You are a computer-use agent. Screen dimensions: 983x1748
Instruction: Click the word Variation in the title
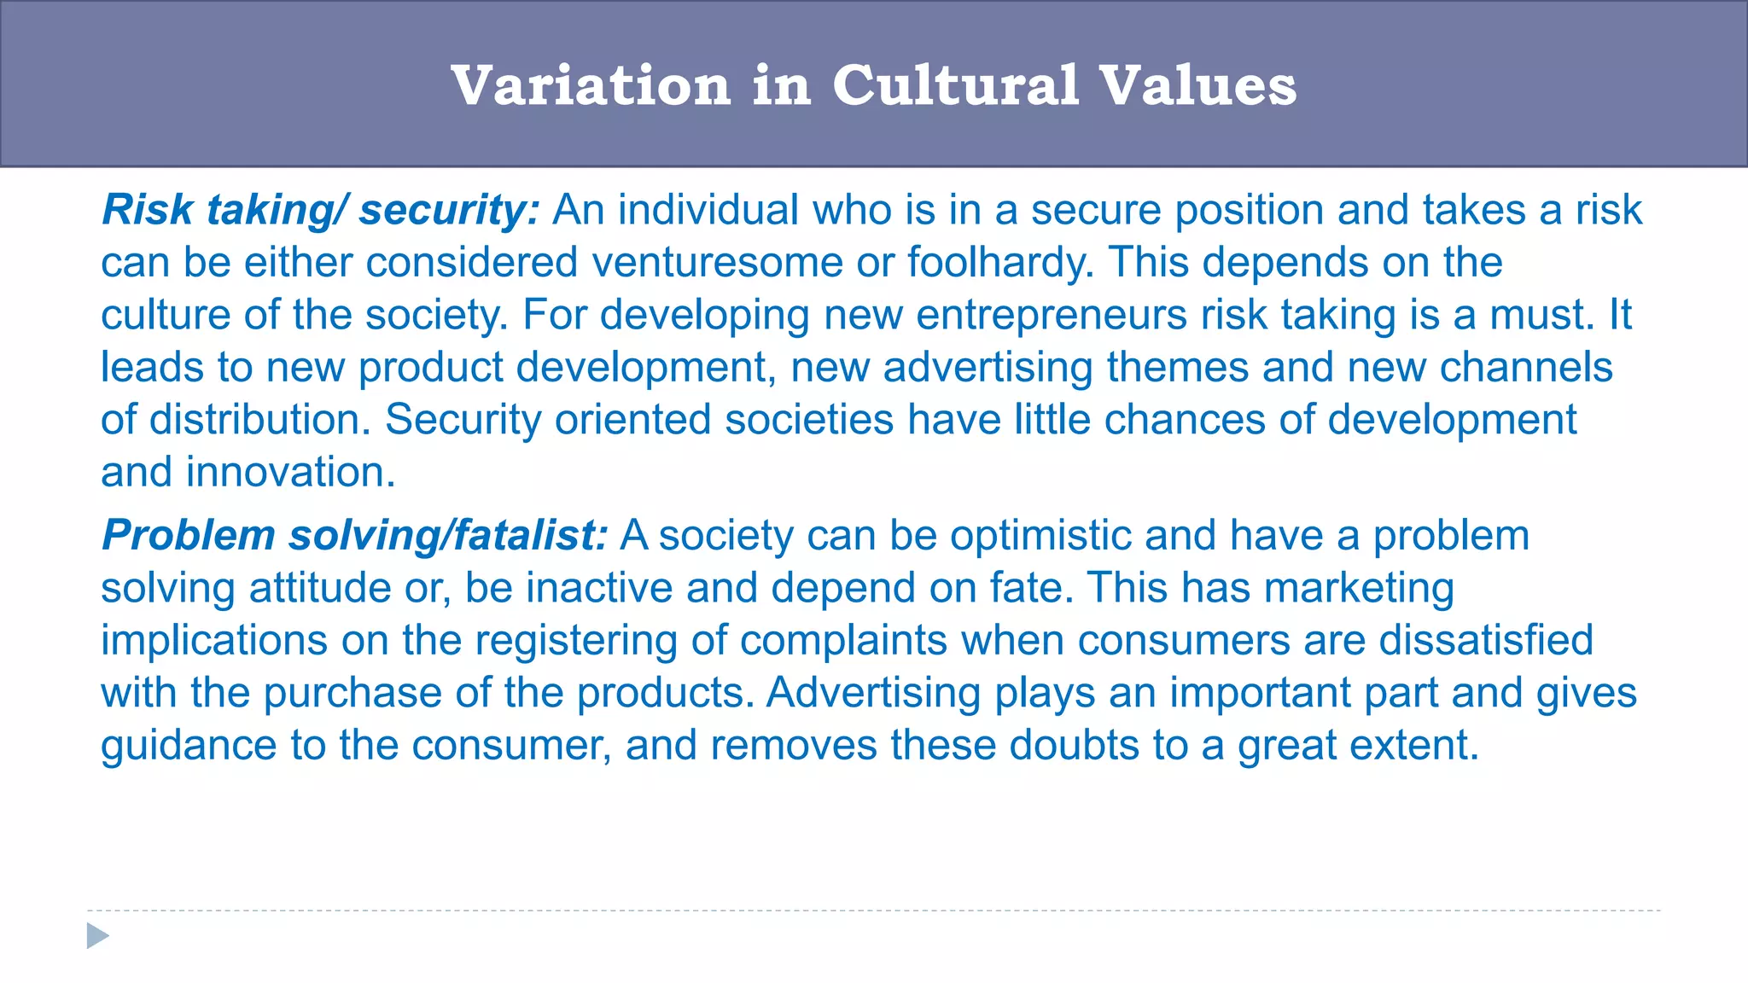[591, 86]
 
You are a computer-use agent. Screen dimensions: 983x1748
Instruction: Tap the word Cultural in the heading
[956, 86]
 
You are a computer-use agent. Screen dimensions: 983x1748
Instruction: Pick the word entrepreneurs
[1052, 315]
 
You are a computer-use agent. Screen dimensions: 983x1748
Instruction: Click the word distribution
[260, 420]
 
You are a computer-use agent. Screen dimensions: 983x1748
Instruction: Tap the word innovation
[290, 473]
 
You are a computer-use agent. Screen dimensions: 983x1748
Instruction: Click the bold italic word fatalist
[530, 536]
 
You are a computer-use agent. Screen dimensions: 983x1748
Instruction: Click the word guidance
[189, 746]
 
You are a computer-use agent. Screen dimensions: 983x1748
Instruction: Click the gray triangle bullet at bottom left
[97, 936]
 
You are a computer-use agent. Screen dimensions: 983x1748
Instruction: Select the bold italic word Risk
[147, 210]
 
